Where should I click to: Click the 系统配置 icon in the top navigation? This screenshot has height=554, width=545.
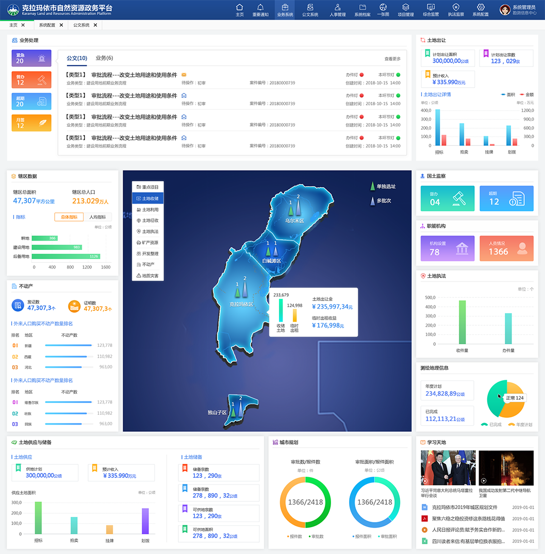point(480,9)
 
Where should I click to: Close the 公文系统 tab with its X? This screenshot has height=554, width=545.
point(95,25)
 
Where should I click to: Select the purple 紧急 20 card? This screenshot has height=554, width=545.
point(31,58)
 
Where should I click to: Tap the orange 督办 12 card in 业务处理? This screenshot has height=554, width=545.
point(31,79)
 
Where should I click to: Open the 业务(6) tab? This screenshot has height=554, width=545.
point(104,58)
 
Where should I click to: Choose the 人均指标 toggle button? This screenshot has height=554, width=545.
point(97,217)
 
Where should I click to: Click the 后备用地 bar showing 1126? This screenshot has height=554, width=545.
point(65,256)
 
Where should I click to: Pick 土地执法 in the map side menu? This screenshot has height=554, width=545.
point(148,231)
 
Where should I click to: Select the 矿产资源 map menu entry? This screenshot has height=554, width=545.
point(148,242)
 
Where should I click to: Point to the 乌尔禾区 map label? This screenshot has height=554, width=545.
point(294,221)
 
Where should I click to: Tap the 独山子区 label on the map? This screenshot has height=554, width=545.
point(217,412)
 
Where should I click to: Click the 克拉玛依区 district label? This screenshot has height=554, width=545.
point(241,304)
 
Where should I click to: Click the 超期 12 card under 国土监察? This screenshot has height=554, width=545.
point(506,199)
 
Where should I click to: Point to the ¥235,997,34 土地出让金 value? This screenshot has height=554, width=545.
point(332,307)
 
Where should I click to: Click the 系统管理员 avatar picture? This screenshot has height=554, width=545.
point(505,10)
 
